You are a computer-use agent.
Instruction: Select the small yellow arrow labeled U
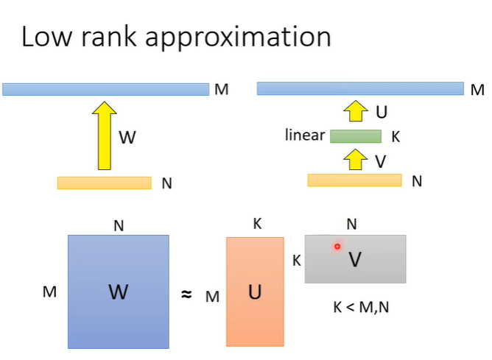click(356, 112)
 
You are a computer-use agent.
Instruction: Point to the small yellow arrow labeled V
click(356, 158)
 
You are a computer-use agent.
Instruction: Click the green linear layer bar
click(356, 136)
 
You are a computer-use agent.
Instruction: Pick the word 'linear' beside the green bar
click(305, 135)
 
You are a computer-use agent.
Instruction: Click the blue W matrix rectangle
click(118, 292)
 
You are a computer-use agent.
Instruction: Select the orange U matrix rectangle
click(255, 292)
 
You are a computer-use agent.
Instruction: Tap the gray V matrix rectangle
click(355, 258)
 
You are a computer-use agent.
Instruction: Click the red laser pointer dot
click(337, 247)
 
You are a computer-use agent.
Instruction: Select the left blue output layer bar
click(106, 90)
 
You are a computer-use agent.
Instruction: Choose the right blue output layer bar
click(359, 89)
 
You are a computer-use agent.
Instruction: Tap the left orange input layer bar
click(104, 183)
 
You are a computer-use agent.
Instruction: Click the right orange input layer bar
click(354, 180)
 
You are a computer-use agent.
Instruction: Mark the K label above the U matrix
click(257, 224)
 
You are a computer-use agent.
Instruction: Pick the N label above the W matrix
click(119, 226)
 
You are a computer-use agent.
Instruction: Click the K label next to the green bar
click(396, 137)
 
